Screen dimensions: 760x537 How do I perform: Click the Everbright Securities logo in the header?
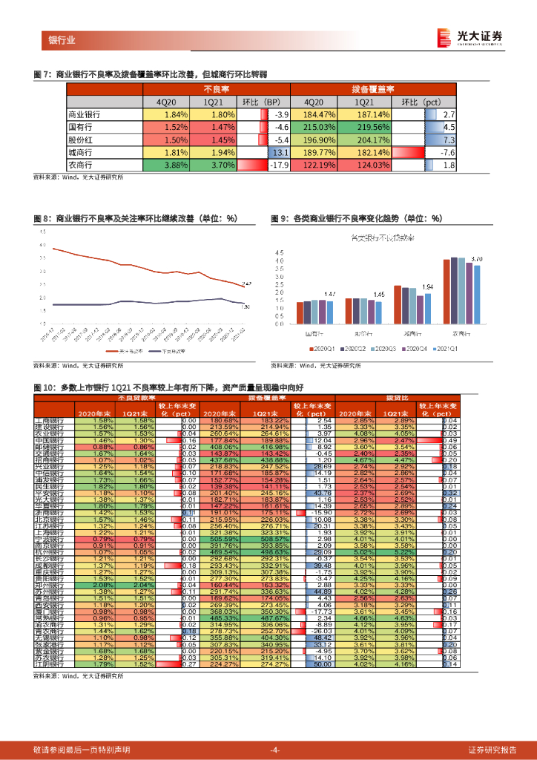[x=470, y=36]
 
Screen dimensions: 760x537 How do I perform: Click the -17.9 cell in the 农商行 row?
[x=278, y=165]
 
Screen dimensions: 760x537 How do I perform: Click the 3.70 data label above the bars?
[x=477, y=258]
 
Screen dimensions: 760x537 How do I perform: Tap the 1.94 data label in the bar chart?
[x=427, y=286]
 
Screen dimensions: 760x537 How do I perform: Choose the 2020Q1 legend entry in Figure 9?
[x=324, y=347]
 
